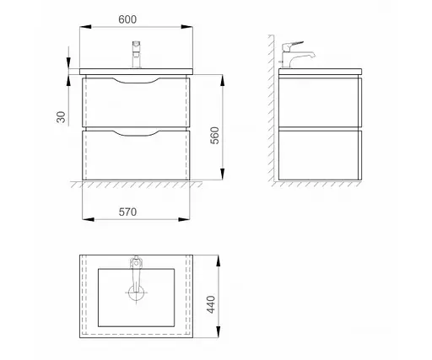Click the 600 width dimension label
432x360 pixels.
point(127,19)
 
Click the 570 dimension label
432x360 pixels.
point(127,212)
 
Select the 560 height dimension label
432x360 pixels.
point(214,136)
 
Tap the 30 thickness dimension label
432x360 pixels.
point(61,117)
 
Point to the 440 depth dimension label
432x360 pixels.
point(211,304)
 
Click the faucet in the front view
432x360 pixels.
point(137,55)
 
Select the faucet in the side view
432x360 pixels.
point(297,55)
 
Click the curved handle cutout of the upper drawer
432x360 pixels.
point(136,80)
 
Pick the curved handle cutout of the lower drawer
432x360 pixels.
point(136,133)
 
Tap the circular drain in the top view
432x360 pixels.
point(136,293)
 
